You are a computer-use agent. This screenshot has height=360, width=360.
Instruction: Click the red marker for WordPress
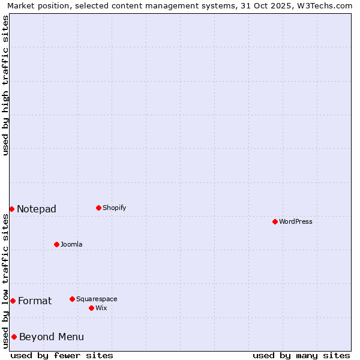coord(275,221)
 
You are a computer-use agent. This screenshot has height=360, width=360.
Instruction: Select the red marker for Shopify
coord(98,208)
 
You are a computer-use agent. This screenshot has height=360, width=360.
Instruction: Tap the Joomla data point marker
coord(56,244)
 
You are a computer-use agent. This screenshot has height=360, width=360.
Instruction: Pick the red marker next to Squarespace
coord(72,299)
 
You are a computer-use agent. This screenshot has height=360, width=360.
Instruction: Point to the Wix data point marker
coord(91,308)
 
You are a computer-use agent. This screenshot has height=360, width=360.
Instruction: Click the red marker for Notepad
coord(11,209)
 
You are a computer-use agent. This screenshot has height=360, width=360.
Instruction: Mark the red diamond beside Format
coord(13,301)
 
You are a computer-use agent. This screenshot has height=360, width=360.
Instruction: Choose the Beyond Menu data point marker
coord(14,337)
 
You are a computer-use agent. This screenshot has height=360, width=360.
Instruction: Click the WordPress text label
coord(296,221)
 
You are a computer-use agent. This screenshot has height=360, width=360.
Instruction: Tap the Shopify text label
coord(115,208)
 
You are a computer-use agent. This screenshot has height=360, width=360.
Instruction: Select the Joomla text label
coord(71,244)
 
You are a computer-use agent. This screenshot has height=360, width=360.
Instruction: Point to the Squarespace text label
coord(97,299)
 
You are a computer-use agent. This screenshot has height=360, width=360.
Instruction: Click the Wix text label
coord(101,308)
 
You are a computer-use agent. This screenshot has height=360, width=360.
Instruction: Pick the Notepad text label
coord(37,209)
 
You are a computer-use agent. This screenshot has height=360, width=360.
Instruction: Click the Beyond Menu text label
coord(52,337)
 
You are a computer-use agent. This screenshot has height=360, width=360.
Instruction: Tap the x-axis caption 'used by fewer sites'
coord(62,355)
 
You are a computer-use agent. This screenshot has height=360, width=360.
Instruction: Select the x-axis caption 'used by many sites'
coord(301,355)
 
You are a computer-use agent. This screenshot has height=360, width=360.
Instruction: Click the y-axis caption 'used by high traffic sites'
coord(5,85)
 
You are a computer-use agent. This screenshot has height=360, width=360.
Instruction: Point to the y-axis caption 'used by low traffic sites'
coord(5,281)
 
